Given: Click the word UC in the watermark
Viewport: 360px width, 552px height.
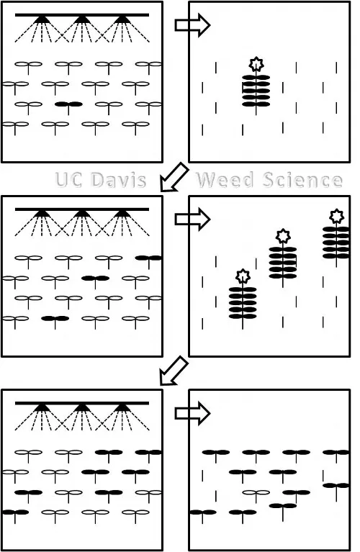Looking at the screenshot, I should pyautogui.click(x=70, y=179).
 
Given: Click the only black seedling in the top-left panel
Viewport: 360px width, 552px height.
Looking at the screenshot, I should pyautogui.click(x=69, y=104).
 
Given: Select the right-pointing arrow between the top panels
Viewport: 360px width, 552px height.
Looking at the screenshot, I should pyautogui.click(x=192, y=26).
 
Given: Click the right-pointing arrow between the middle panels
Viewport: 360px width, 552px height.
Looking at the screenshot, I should pyautogui.click(x=192, y=220).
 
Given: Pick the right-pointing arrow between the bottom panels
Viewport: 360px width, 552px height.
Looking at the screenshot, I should pyautogui.click(x=192, y=413).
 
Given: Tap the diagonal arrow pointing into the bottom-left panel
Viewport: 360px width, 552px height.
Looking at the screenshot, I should pyautogui.click(x=174, y=371).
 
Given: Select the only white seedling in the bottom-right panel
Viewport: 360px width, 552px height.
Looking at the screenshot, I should pyautogui.click(x=256, y=493).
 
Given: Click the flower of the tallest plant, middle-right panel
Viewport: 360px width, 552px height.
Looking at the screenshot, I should pyautogui.click(x=336, y=216).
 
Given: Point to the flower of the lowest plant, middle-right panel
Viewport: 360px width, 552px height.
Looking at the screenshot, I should pyautogui.click(x=243, y=276).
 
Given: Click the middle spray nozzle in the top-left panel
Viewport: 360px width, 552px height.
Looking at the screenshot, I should pyautogui.click(x=82, y=20).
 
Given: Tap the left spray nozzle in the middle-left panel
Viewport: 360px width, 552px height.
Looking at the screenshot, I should pyautogui.click(x=42, y=214).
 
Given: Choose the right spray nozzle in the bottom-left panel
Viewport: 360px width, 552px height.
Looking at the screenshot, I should pyautogui.click(x=122, y=407).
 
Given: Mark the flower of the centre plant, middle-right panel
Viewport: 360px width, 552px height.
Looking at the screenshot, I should pyautogui.click(x=283, y=235).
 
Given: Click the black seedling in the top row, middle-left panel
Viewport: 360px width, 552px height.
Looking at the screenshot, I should pyautogui.click(x=148, y=257).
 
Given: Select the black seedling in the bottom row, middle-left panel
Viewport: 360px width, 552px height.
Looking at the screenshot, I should pyautogui.click(x=55, y=317).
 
